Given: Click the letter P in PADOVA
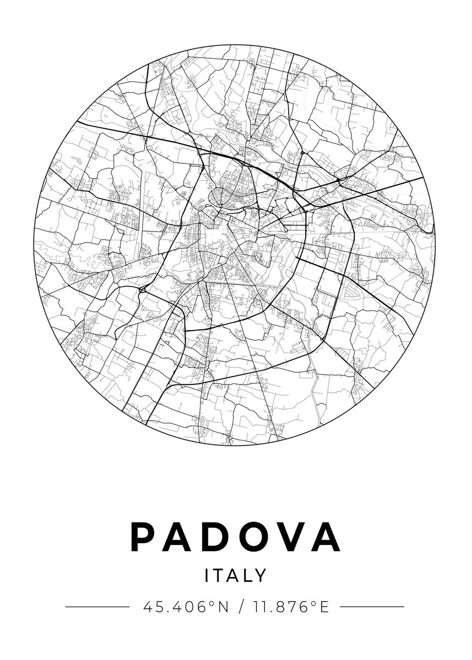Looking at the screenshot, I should point(142,537).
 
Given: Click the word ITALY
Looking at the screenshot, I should point(236,575).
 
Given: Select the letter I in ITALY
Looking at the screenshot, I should point(207,575).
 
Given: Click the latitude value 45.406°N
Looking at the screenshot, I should point(186,607).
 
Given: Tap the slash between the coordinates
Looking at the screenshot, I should point(241,607).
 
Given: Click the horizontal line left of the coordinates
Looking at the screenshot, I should point(97,607).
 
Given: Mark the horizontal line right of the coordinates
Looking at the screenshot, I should point(373,607).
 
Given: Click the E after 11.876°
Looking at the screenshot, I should point(324,607).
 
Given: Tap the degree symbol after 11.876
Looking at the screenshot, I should point(314,603).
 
